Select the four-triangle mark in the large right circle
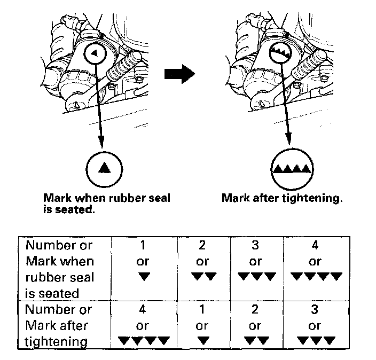291,169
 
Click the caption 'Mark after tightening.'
281,198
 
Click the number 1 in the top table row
143,246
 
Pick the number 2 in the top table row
202,246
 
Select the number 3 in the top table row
256,246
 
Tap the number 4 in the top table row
315,246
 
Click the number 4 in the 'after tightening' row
143,309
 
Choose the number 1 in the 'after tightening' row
202,309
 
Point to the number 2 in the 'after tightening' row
256,309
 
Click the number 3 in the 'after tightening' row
315,309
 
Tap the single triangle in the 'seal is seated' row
143,277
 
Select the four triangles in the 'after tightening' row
143,340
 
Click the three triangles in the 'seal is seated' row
256,277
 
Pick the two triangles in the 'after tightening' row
256,340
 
